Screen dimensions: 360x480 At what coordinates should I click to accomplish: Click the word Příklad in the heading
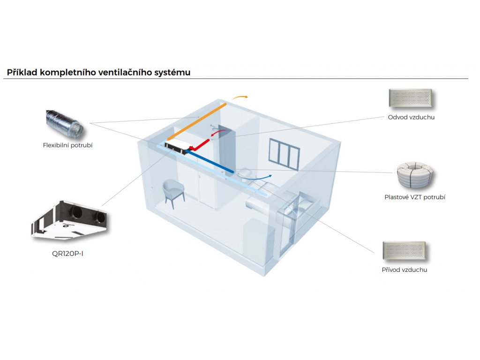(x=22, y=73)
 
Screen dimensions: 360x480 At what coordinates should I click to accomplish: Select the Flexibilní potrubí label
(x=68, y=145)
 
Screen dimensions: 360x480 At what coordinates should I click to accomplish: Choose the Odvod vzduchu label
(x=411, y=117)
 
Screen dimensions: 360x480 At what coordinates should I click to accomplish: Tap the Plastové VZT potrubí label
(x=415, y=197)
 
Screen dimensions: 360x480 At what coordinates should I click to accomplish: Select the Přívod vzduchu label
(x=405, y=270)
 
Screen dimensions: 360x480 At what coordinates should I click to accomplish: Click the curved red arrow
(x=217, y=135)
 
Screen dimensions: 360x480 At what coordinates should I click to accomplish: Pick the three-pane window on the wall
(x=284, y=153)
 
